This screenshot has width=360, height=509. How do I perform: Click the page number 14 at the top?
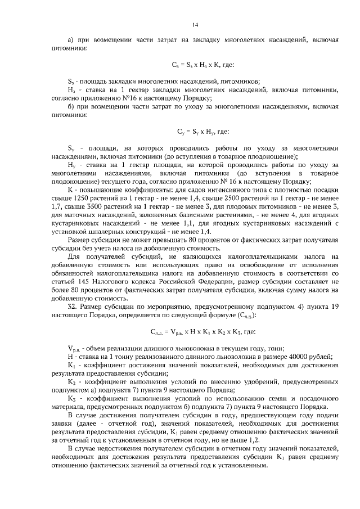(195, 25)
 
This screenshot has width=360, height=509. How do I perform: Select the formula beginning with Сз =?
(199, 65)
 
